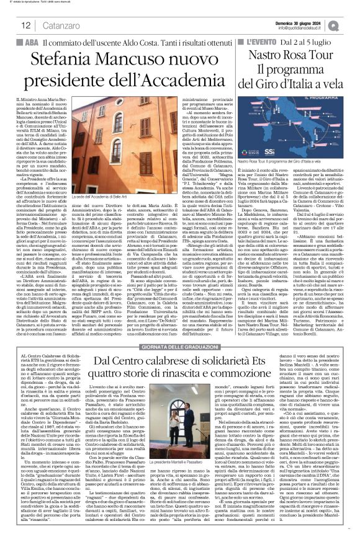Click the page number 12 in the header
(26, 25)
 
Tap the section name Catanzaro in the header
(55, 25)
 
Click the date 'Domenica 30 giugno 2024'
(305, 22)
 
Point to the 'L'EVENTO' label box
(257, 42)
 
